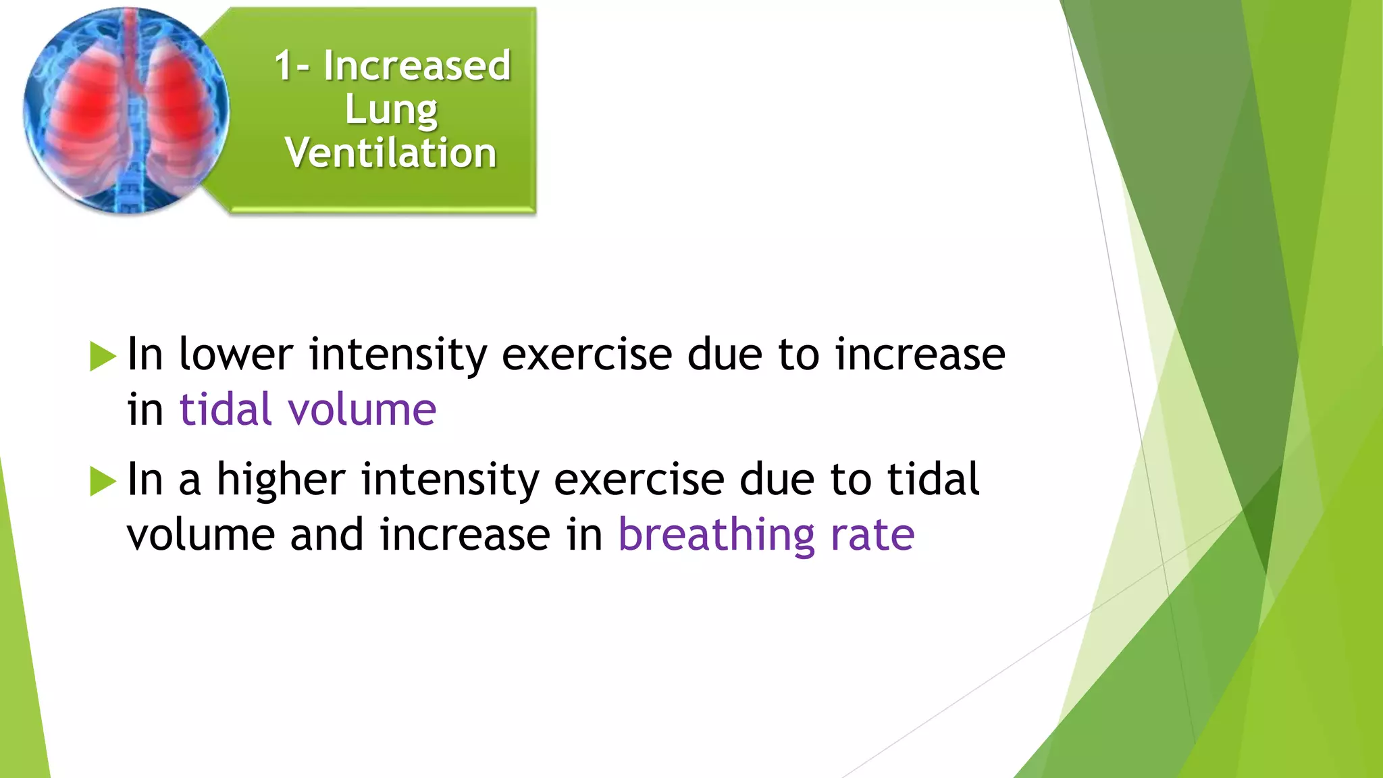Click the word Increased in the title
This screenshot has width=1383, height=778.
(x=417, y=66)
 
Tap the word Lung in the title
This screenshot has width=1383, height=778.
(x=391, y=109)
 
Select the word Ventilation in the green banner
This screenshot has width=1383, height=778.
(x=391, y=153)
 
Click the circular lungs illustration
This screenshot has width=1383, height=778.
(x=126, y=111)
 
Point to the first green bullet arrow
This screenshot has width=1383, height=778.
(x=103, y=356)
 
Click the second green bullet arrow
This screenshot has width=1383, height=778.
(x=103, y=481)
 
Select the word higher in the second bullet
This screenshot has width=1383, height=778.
(x=281, y=479)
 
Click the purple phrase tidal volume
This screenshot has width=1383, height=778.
(x=308, y=410)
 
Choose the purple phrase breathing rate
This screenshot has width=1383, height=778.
(x=766, y=535)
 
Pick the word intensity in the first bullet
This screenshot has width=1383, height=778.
(x=398, y=355)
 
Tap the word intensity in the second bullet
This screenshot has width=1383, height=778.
(x=450, y=481)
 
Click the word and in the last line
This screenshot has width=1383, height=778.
(x=327, y=535)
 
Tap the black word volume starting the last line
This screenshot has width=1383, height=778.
(x=201, y=535)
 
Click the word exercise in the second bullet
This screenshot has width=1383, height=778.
(x=639, y=479)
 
